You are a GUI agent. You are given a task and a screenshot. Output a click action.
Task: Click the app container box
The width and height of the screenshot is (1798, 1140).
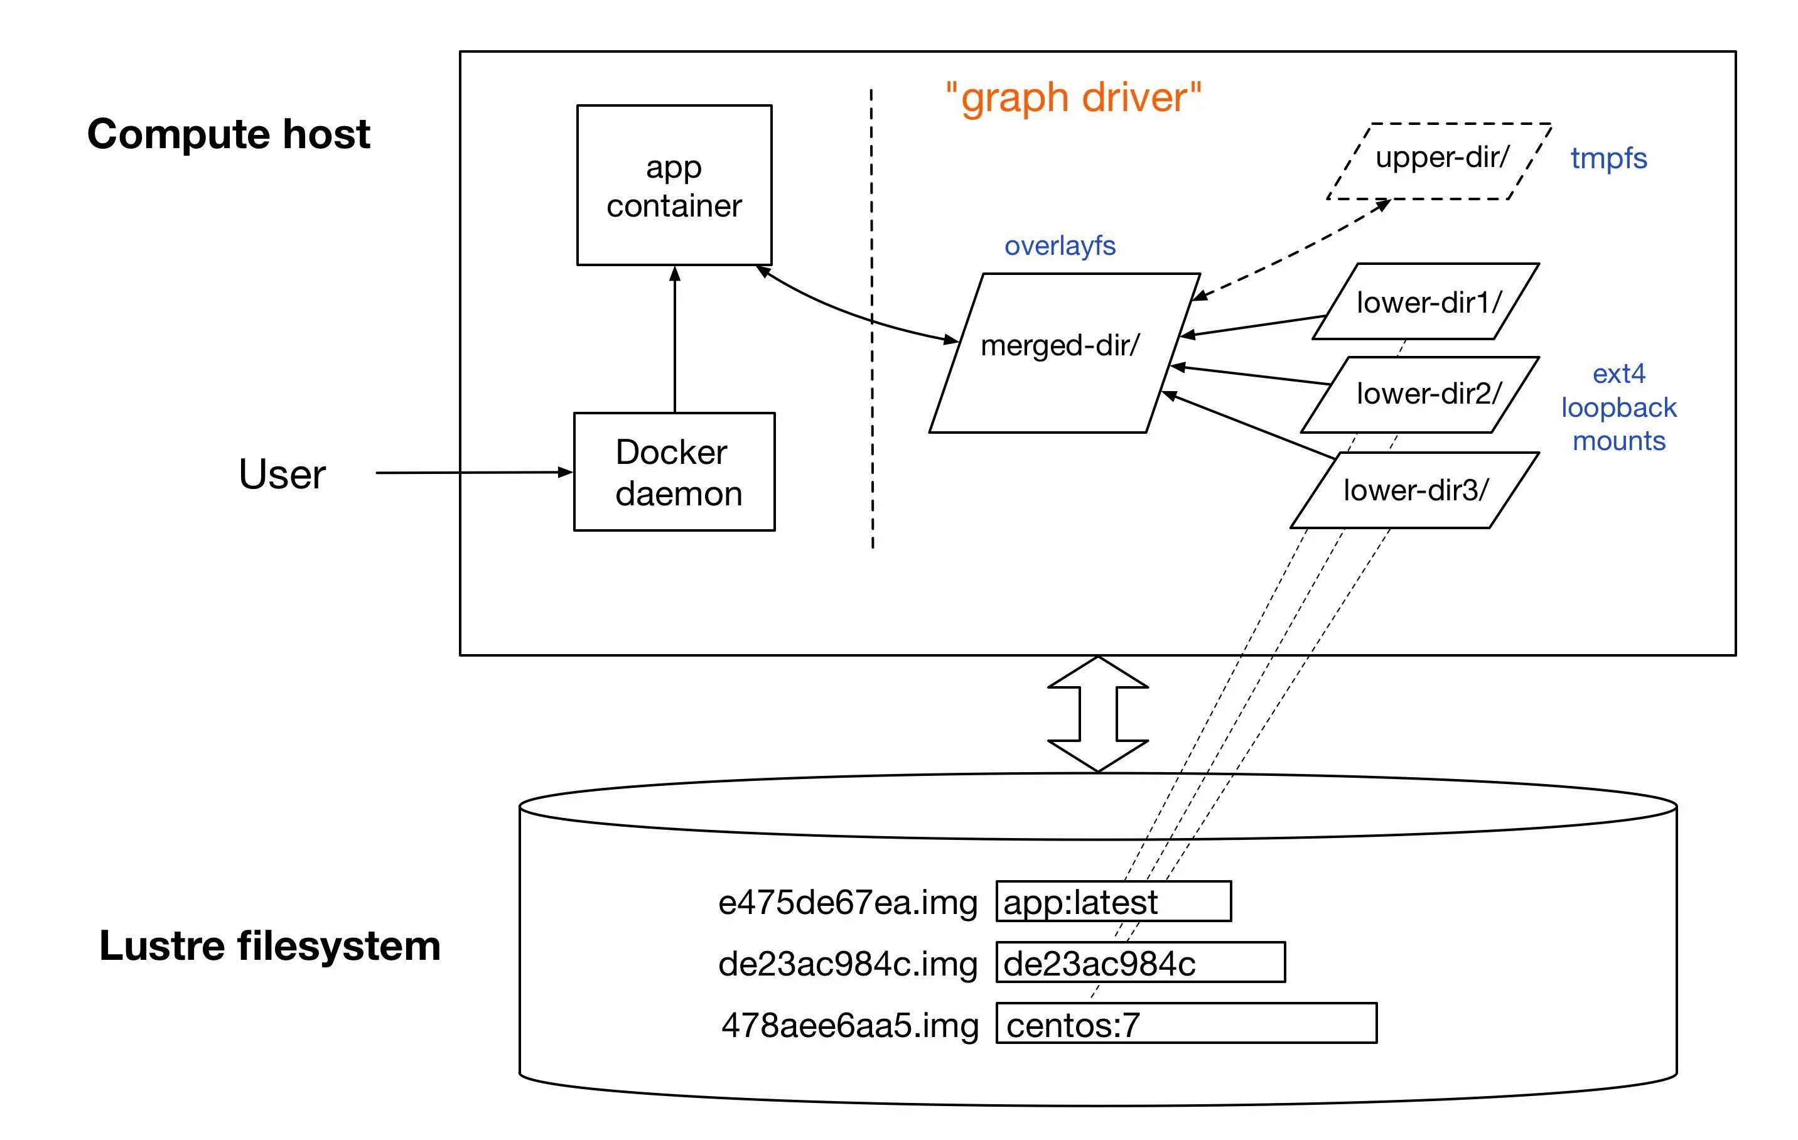pyautogui.click(x=674, y=185)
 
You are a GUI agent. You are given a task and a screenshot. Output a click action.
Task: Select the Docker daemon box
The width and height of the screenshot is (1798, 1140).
pyautogui.click(x=674, y=472)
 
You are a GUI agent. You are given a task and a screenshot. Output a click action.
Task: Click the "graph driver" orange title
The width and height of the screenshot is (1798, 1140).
pyautogui.click(x=1073, y=98)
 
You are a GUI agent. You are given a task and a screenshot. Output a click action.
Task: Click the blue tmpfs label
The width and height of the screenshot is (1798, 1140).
pyautogui.click(x=1608, y=158)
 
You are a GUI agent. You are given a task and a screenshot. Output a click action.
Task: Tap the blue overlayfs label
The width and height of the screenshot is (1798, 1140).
pyautogui.click(x=1060, y=245)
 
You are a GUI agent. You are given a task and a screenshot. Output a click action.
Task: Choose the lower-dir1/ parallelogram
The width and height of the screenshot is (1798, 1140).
pyautogui.click(x=1426, y=301)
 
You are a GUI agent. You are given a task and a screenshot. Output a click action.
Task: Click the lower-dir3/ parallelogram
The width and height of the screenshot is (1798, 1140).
pyautogui.click(x=1414, y=490)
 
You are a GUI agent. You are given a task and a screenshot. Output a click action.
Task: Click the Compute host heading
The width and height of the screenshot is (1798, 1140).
pyautogui.click(x=229, y=134)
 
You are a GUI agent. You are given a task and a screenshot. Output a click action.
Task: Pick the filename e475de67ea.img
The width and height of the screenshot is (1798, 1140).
pyautogui.click(x=848, y=903)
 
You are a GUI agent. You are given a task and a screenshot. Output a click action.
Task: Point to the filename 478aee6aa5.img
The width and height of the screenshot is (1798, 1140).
pyautogui.click(x=850, y=1025)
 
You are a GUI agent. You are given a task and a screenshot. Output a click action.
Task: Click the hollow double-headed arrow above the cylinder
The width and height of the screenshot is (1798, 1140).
pyautogui.click(x=1097, y=714)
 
